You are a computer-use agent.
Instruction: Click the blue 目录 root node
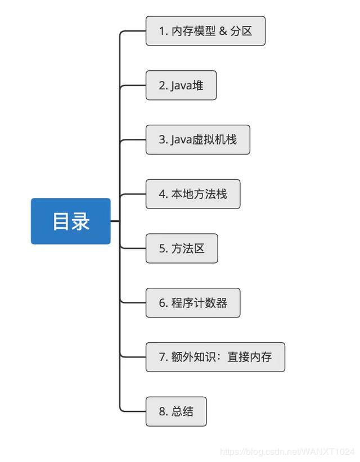70,221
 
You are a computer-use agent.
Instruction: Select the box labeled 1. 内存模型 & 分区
205,31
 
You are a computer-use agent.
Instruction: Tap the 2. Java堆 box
181,85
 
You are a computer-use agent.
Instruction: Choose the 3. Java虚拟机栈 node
197,139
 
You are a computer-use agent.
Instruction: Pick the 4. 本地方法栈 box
192,194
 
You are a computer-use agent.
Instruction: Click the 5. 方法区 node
181,248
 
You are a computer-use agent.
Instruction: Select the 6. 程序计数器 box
192,302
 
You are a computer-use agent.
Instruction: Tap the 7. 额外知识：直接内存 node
215,357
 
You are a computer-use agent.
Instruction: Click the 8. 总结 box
175,411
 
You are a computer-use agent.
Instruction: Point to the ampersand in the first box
223,31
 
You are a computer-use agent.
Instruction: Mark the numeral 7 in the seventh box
162,357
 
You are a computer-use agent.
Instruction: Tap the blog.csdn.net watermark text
287,451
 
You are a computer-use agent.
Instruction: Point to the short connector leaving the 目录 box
115,221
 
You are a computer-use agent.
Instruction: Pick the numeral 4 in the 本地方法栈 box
162,194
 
